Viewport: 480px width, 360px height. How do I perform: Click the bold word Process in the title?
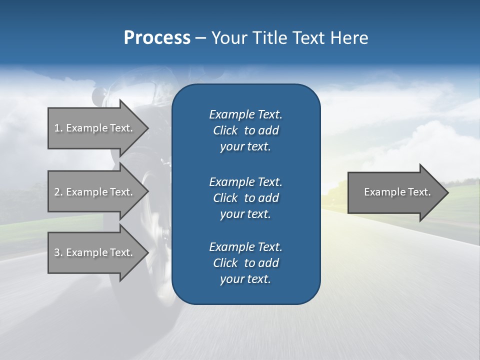(x=157, y=37)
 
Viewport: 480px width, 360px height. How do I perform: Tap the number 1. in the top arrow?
(x=58, y=128)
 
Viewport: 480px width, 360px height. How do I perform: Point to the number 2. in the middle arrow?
(x=58, y=192)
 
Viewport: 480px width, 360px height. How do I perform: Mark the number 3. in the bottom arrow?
(x=58, y=252)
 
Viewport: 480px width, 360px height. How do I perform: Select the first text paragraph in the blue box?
(x=245, y=130)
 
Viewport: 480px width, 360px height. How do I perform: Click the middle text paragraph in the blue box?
(x=245, y=197)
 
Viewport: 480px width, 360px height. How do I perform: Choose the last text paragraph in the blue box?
(x=245, y=263)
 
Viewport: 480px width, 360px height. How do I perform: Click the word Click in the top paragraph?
(x=225, y=130)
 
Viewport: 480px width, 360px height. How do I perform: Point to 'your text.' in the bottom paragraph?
(x=245, y=279)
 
